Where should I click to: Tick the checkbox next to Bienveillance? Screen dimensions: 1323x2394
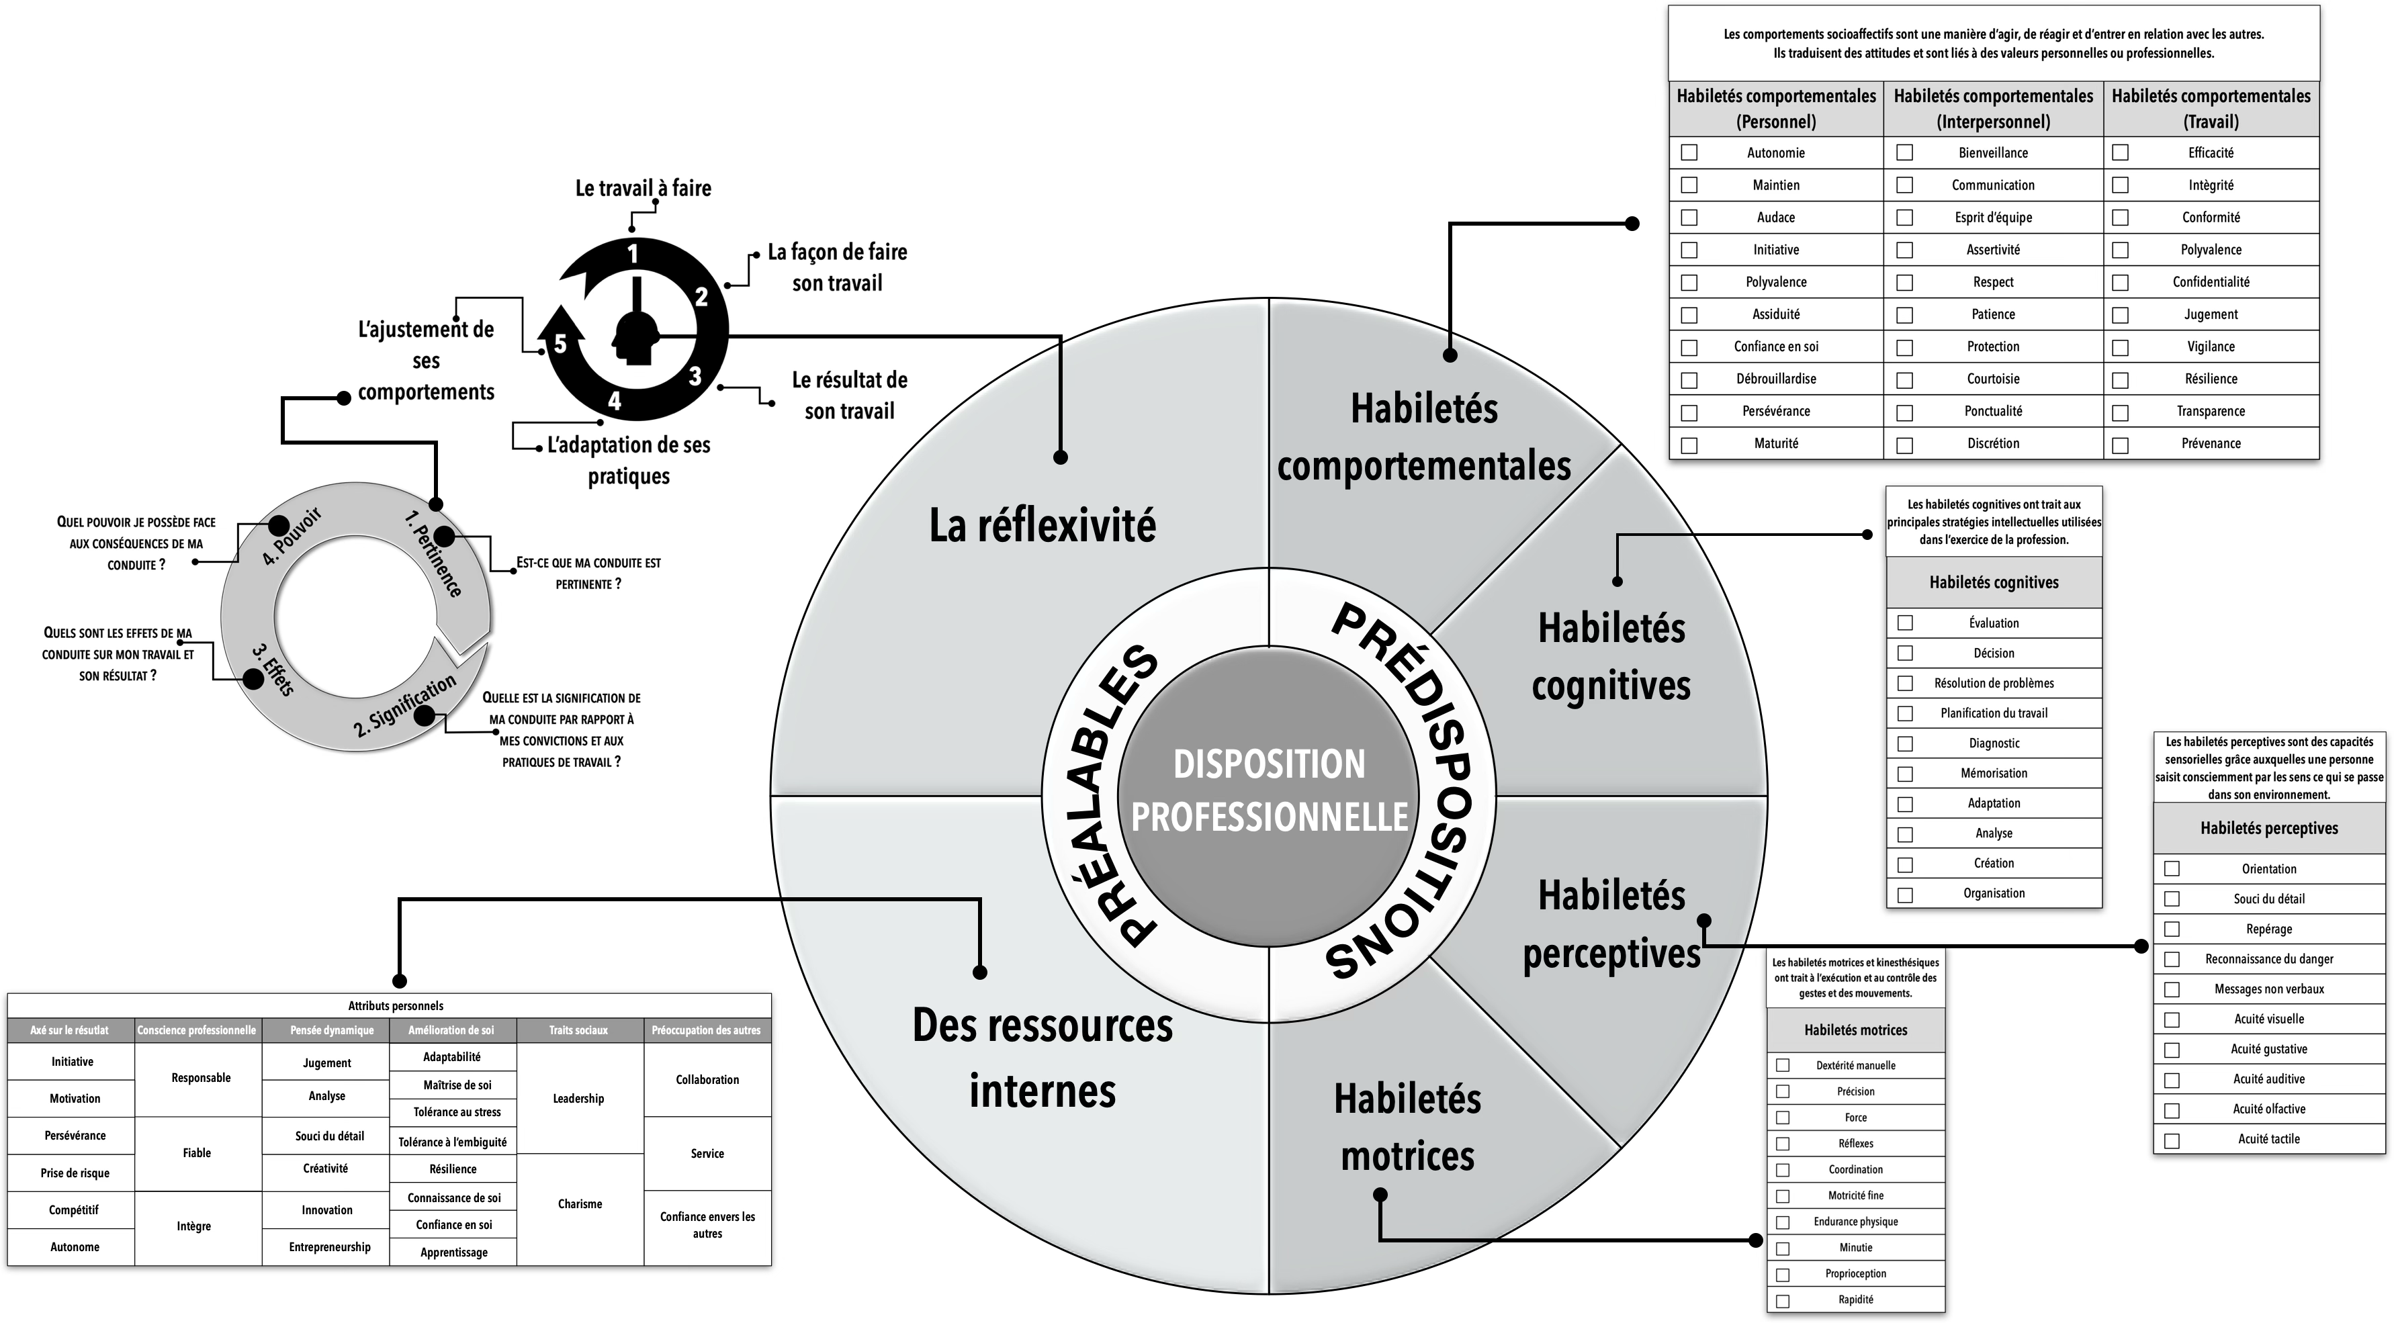click(x=1904, y=152)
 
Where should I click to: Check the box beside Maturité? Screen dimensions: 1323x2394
click(x=1689, y=445)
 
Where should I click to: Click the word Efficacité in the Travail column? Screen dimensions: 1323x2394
click(x=2210, y=152)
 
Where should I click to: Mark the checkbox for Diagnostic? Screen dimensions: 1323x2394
click(x=1905, y=744)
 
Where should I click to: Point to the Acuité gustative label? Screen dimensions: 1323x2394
click(x=2268, y=1049)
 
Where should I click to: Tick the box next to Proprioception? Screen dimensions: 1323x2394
click(x=1783, y=1275)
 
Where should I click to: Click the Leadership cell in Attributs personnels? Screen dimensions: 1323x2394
click(x=578, y=1098)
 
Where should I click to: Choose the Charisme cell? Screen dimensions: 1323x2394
click(x=580, y=1204)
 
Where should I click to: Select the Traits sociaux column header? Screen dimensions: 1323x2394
click(x=578, y=1030)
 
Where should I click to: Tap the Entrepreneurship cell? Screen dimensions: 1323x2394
click(x=329, y=1247)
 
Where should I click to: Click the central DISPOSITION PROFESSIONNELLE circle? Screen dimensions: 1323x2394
click(x=1269, y=790)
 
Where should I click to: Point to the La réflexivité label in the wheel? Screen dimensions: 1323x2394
click(x=1042, y=526)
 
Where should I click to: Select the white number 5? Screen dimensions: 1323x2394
click(x=560, y=345)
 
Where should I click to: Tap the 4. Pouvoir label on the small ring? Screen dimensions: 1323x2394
click(x=292, y=537)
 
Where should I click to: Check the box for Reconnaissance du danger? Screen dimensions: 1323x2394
click(x=2172, y=960)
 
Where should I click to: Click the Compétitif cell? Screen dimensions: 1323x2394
click(x=75, y=1210)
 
